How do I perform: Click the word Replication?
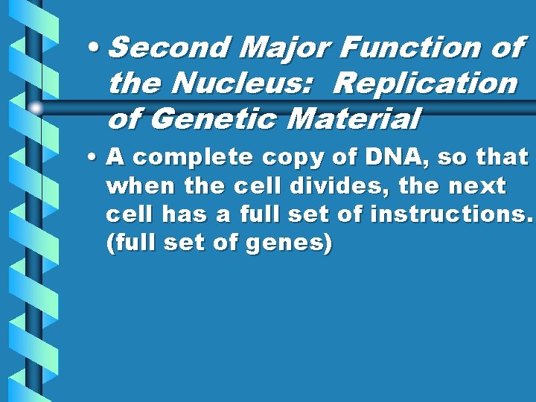pos(425,83)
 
